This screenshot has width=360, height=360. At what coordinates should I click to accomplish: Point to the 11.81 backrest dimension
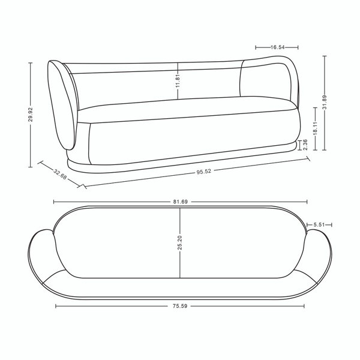click(178, 79)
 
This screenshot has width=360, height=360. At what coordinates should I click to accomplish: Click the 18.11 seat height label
click(315, 127)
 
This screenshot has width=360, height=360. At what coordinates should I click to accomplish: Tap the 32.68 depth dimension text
click(59, 173)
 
